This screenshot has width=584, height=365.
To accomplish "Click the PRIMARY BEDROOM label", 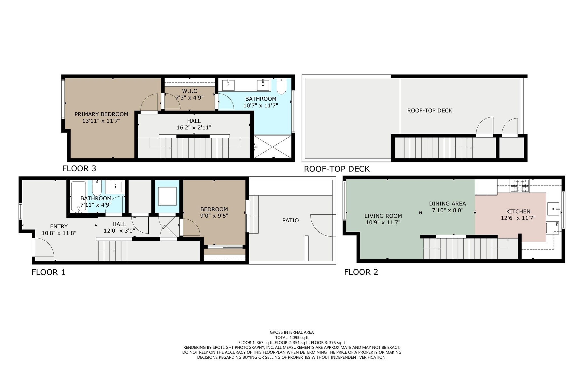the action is [101, 114].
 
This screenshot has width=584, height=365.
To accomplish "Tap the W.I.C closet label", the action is [190, 91].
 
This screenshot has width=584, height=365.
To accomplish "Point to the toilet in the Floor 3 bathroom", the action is [281, 86].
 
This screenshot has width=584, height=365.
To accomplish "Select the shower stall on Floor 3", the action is [273, 147].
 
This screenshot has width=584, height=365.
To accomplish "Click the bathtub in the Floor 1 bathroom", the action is [78, 197].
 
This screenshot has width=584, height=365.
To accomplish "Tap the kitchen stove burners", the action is [520, 185].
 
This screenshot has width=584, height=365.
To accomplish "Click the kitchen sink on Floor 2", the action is [553, 209].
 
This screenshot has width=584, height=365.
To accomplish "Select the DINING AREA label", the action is [447, 203].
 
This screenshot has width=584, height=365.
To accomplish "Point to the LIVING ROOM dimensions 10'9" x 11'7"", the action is [383, 222].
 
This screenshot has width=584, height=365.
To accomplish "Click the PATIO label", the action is [291, 220].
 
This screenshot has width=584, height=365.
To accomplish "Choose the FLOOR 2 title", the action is [361, 272].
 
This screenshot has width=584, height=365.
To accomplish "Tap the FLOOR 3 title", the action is [79, 168].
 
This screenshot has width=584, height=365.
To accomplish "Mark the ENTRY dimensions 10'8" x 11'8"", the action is [59, 233].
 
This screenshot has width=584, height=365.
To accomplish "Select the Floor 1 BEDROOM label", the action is [214, 209].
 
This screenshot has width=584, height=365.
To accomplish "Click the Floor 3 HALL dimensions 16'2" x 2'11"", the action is [194, 128].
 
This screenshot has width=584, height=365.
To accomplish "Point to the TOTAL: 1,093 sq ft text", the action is [292, 337].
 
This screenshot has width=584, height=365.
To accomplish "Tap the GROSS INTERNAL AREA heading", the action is [292, 332].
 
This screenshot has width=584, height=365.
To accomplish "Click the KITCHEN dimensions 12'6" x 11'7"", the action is [518, 218].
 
